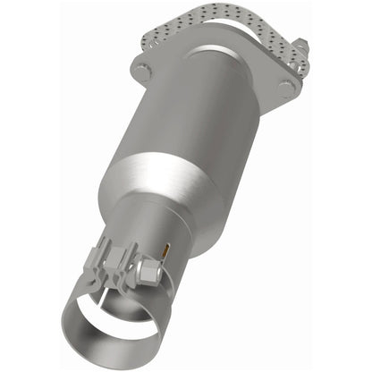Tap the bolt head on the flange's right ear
click(x=286, y=88)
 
